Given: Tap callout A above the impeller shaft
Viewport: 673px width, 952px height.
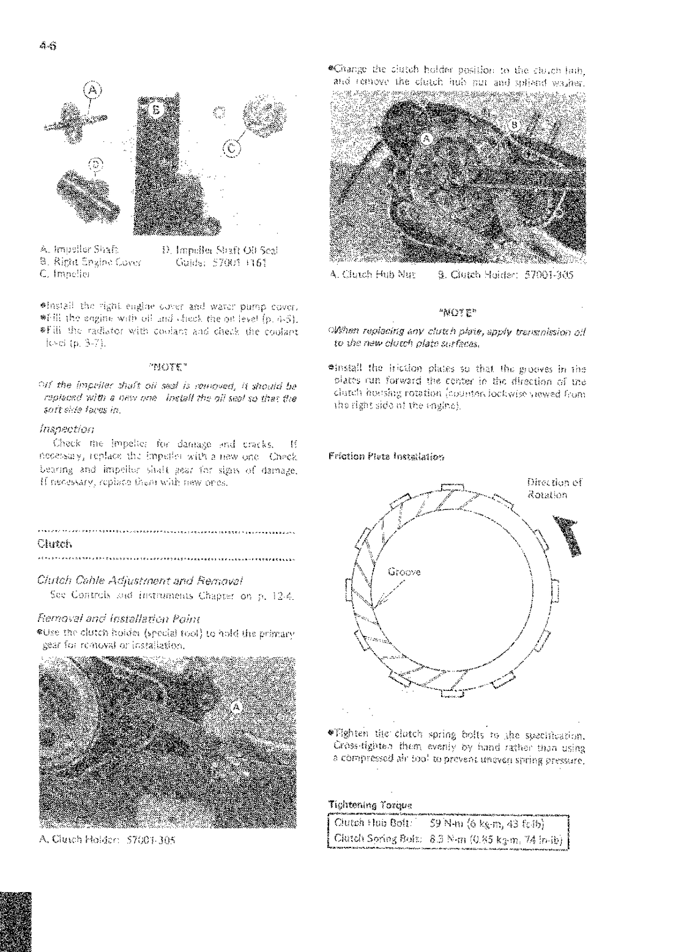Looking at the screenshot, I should tap(91, 90).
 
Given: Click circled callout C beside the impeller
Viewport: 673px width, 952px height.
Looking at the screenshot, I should tap(231, 147).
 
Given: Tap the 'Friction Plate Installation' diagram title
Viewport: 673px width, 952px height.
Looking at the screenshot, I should tap(385, 457).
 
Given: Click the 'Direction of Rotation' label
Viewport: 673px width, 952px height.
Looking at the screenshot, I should tap(554, 488).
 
